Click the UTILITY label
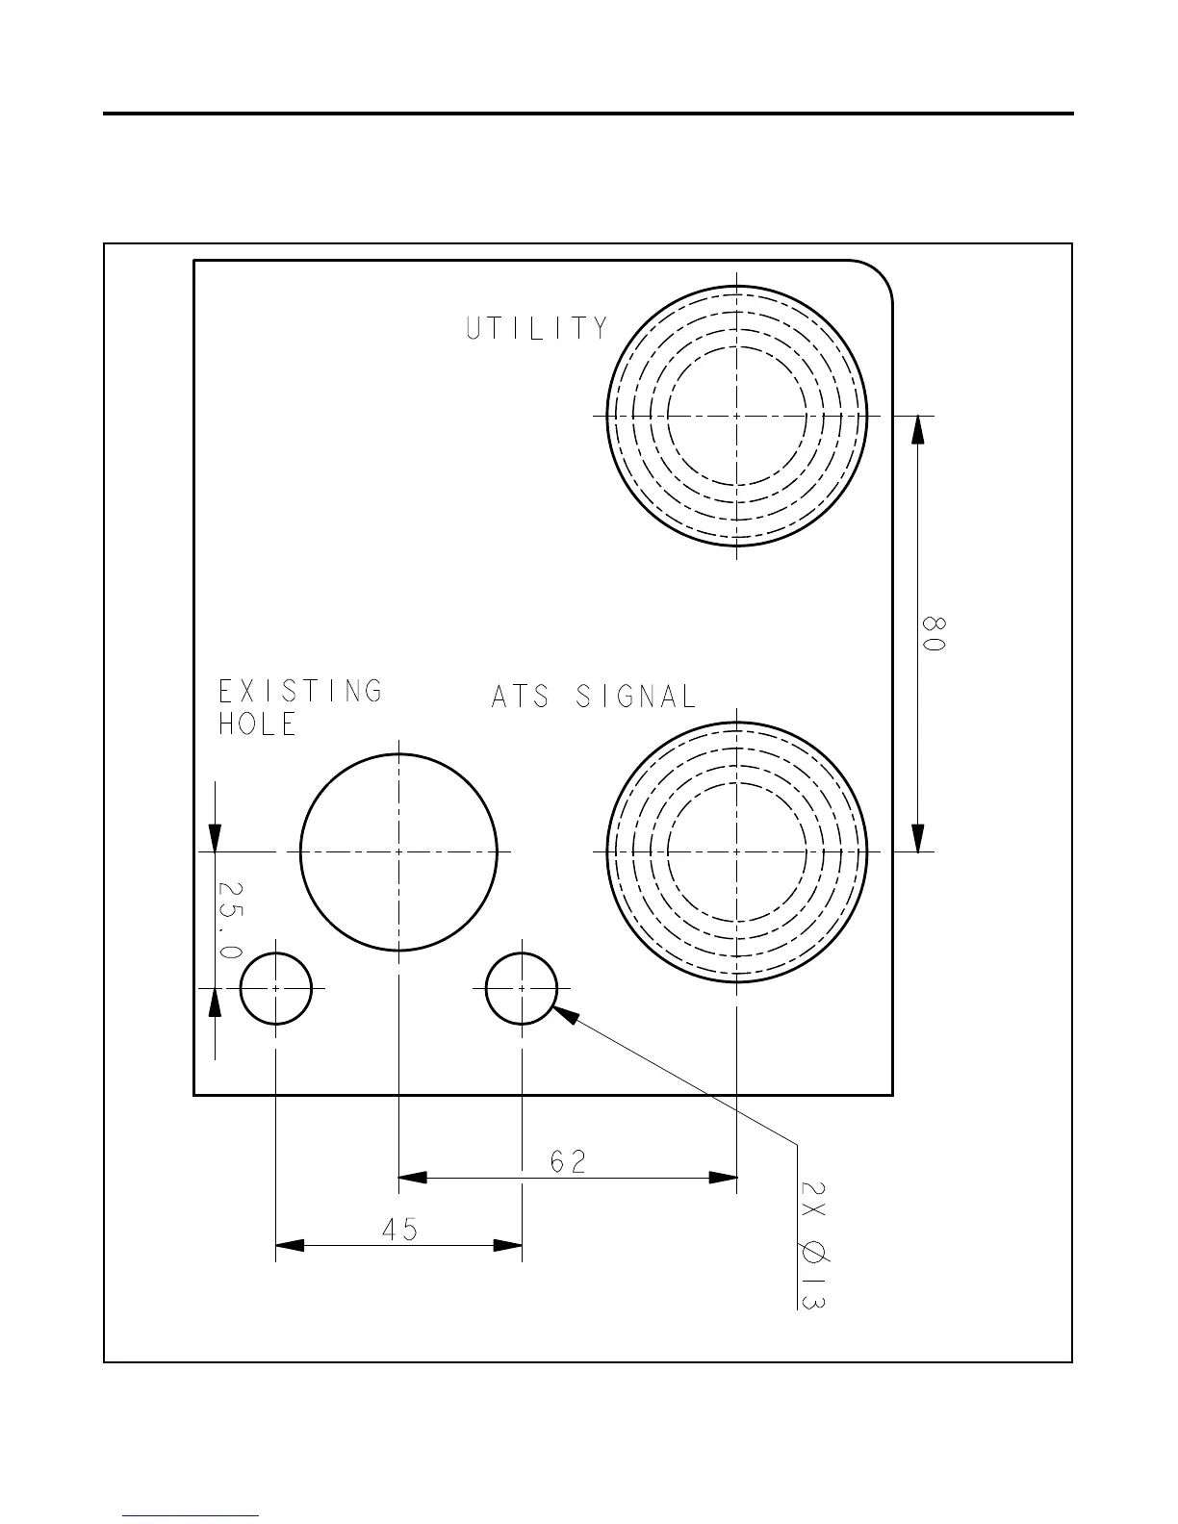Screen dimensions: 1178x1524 click(537, 329)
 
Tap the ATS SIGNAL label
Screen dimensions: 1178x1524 click(593, 697)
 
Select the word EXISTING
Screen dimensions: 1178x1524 click(300, 691)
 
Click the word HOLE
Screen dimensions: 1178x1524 click(257, 724)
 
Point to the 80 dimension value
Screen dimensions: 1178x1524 click(933, 634)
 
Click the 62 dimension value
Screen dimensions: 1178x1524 click(568, 1162)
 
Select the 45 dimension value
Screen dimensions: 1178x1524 click(399, 1230)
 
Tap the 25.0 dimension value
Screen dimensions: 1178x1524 click(230, 920)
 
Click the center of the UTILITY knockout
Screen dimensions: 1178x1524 click(737, 416)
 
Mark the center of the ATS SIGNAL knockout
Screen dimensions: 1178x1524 click(737, 851)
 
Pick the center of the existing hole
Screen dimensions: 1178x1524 click(399, 851)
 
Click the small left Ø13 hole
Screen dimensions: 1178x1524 click(276, 988)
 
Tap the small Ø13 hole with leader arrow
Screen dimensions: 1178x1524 click(522, 988)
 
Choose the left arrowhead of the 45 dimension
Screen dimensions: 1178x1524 click(290, 1245)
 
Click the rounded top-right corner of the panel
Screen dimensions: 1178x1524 click(878, 276)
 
